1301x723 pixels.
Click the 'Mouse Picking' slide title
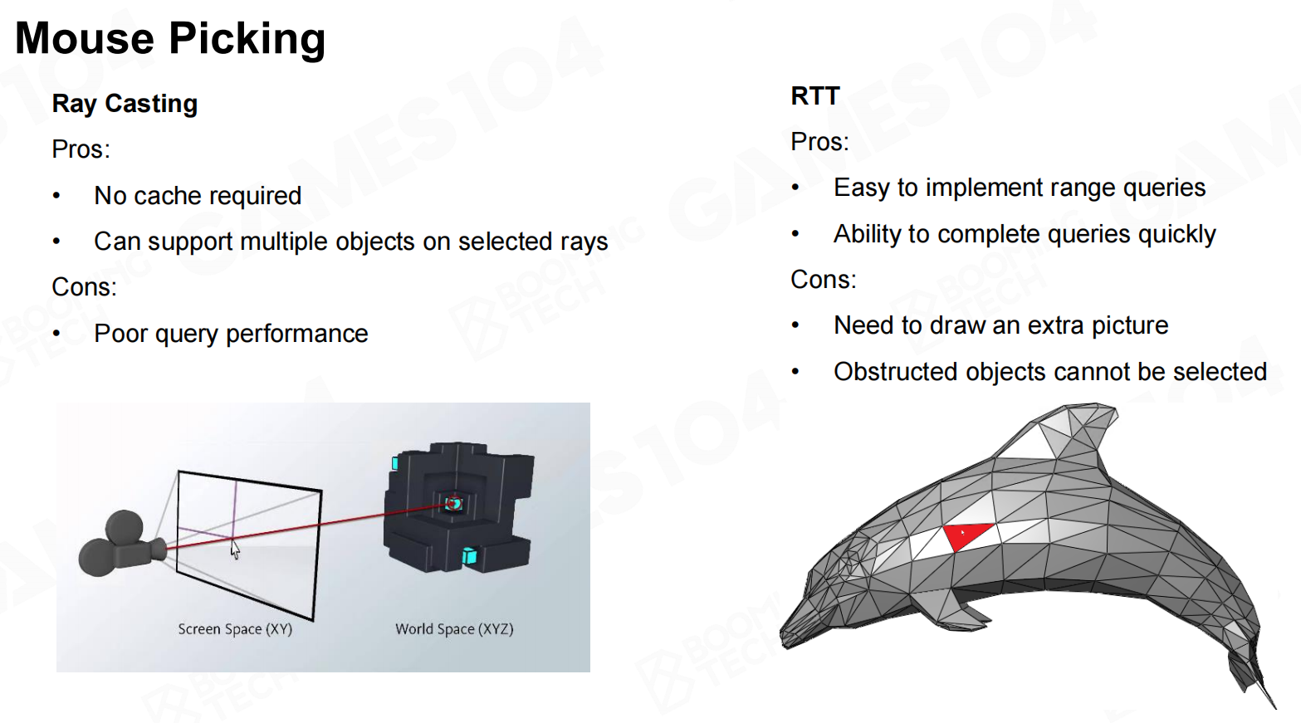pyautogui.click(x=170, y=39)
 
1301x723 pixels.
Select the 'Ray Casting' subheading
pyautogui.click(x=125, y=104)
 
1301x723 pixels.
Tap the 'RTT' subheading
pyautogui.click(x=815, y=95)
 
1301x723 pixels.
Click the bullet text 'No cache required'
pyautogui.click(x=198, y=196)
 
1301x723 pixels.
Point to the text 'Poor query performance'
pyautogui.click(x=231, y=334)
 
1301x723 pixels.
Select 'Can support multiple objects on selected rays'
pyautogui.click(x=351, y=242)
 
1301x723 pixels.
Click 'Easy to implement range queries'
pyautogui.click(x=1020, y=188)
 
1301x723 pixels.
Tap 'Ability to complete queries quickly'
pyautogui.click(x=1025, y=235)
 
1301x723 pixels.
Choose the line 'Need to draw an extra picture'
pyautogui.click(x=1000, y=325)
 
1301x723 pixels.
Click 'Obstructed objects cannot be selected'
pyautogui.click(x=1050, y=372)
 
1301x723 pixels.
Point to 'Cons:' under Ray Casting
pyautogui.click(x=84, y=287)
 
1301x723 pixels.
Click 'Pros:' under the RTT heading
pyautogui.click(x=819, y=142)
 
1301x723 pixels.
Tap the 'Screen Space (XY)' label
pyautogui.click(x=235, y=629)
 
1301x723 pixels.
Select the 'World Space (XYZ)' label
pyautogui.click(x=454, y=629)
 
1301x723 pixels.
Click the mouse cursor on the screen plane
pyautogui.click(x=235, y=549)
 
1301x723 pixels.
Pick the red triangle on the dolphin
pyautogui.click(x=966, y=535)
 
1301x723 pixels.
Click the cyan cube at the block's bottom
pyautogui.click(x=469, y=556)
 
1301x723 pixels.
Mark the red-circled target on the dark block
pyautogui.click(x=453, y=503)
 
